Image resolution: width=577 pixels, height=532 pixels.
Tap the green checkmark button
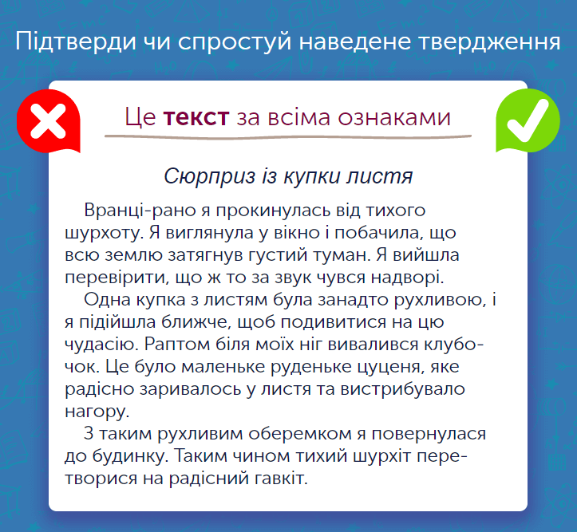pyautogui.click(x=528, y=120)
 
